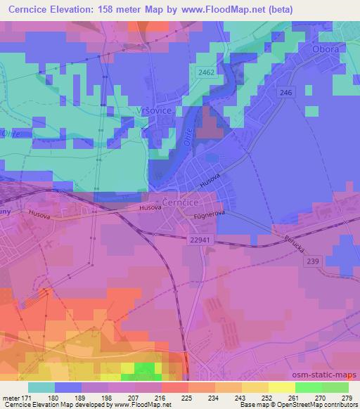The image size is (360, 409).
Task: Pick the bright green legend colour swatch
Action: point(308,387)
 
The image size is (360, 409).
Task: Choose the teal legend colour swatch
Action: point(41,387)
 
